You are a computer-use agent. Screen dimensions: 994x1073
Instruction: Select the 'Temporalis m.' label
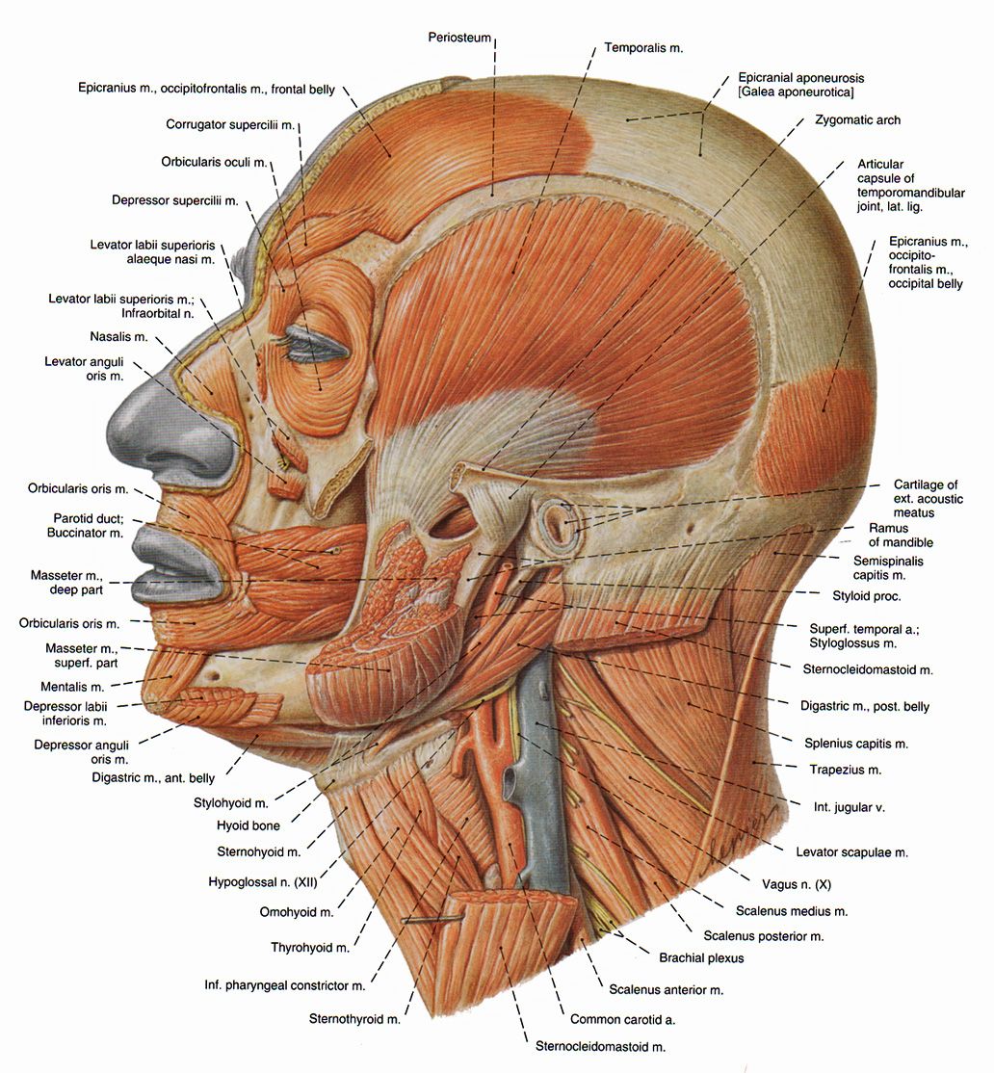point(643,45)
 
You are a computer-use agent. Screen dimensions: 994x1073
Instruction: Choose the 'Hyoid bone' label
point(248,825)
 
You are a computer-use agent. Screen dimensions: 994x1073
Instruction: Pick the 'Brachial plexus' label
point(701,957)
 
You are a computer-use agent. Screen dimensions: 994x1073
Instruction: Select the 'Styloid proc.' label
point(867,596)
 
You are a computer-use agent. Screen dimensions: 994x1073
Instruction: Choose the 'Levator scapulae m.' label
point(851,851)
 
